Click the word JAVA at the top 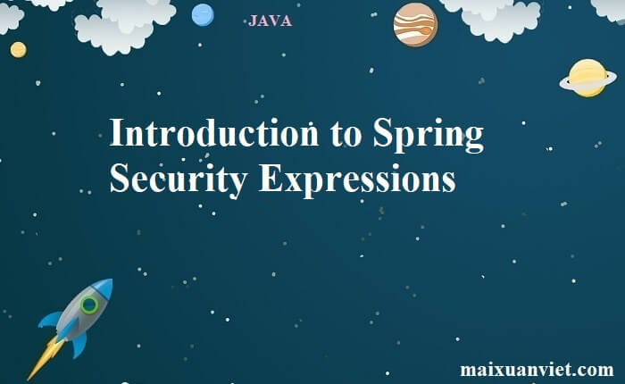point(270,21)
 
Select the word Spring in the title point(429,136)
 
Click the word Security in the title point(178,179)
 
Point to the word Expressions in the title point(357,179)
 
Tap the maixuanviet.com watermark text point(537,370)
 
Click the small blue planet point(203,15)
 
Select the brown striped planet point(415,24)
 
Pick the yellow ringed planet point(587,78)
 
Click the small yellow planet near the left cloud point(18,49)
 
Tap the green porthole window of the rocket point(89,305)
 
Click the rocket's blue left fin point(52,318)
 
